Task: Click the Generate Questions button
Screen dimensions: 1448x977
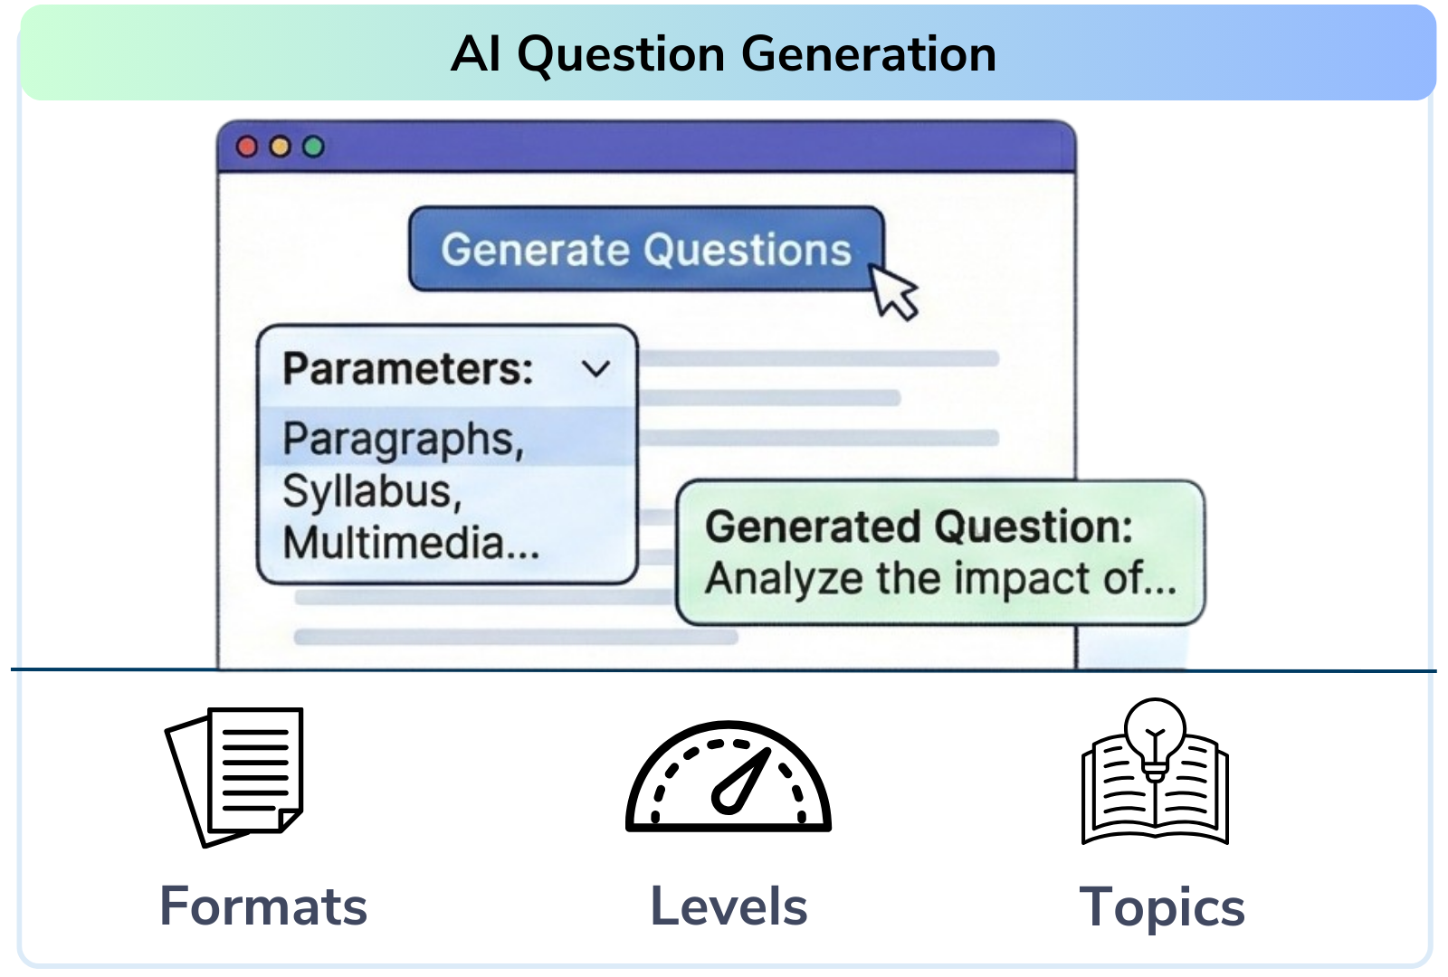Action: (646, 249)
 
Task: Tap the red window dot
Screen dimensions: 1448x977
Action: (246, 147)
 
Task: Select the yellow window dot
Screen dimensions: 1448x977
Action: (280, 147)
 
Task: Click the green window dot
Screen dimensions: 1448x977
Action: (313, 147)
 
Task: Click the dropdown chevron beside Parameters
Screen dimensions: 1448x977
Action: (595, 369)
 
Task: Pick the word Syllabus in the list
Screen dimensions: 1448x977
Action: (367, 491)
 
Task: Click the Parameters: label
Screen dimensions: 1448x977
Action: (408, 369)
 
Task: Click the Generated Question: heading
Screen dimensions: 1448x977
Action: (919, 526)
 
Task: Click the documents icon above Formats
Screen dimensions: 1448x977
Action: (234, 777)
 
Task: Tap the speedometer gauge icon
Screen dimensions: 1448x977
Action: (729, 776)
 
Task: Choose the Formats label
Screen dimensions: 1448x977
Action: (263, 906)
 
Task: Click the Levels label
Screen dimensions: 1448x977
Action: (729, 906)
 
